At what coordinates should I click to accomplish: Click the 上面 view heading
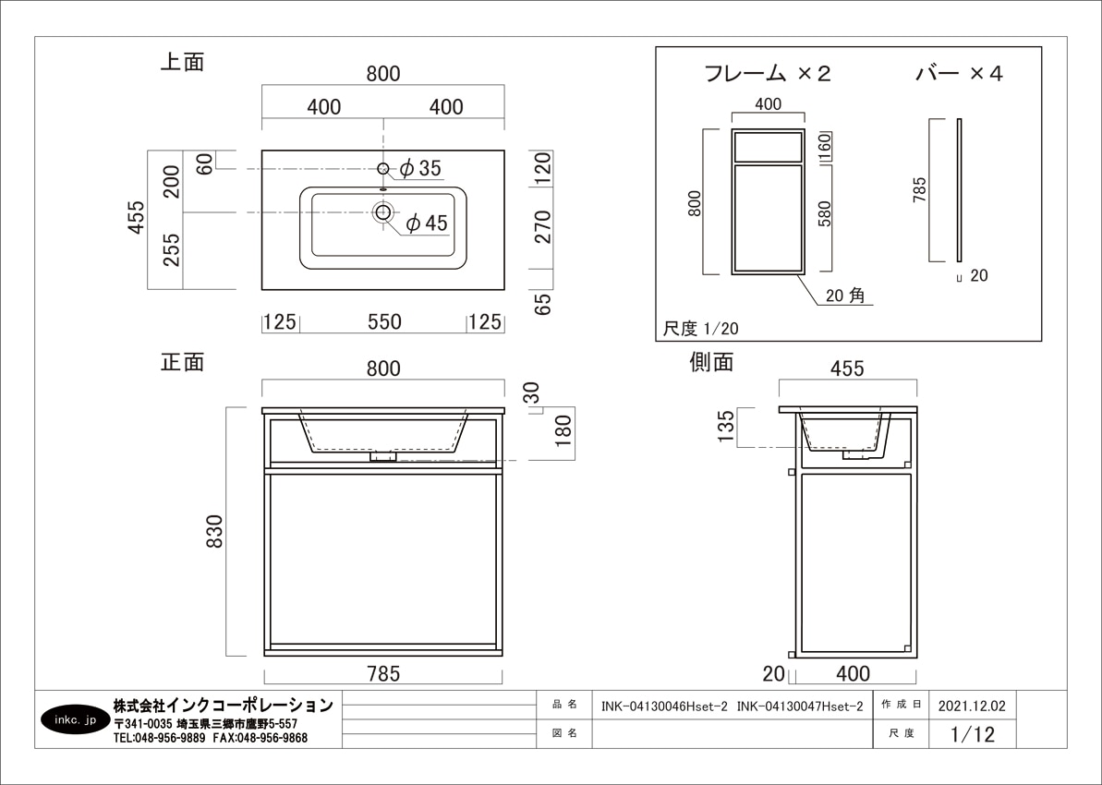click(x=182, y=63)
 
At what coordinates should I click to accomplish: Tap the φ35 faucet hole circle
click(x=383, y=168)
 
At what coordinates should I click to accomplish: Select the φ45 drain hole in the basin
click(x=383, y=213)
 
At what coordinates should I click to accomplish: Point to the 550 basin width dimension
click(x=383, y=321)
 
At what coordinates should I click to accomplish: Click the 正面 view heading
click(x=182, y=362)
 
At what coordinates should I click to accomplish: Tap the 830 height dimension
click(x=214, y=532)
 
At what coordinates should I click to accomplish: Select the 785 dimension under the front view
click(x=383, y=673)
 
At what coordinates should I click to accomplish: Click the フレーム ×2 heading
click(x=767, y=74)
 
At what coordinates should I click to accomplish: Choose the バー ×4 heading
click(x=958, y=74)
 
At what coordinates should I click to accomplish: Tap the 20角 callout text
click(x=844, y=296)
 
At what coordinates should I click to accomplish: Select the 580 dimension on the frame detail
click(x=826, y=214)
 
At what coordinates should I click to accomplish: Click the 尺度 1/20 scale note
click(x=701, y=328)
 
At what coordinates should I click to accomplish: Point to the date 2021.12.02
click(x=971, y=706)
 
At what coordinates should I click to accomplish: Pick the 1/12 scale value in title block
click(x=971, y=734)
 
